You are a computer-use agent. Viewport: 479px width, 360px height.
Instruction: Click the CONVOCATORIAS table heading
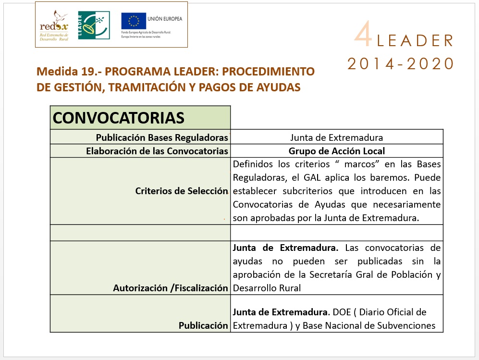(x=118, y=118)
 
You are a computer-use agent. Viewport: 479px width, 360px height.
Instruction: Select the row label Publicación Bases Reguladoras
(x=162, y=137)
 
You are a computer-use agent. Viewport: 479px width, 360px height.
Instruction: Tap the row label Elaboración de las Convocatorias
(x=157, y=151)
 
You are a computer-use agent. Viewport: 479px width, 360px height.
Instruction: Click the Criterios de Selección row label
(x=182, y=191)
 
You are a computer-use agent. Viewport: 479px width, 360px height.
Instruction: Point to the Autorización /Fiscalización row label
(x=171, y=288)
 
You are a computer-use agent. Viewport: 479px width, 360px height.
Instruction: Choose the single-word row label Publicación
(x=203, y=325)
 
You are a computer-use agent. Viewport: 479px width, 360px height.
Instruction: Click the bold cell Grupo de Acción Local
(x=336, y=151)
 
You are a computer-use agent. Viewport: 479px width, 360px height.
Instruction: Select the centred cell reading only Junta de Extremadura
(x=336, y=137)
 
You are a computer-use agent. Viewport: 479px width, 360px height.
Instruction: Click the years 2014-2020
(x=401, y=63)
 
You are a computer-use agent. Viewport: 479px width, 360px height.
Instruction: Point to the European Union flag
(x=134, y=21)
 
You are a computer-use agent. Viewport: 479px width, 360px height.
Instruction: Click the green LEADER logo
(x=94, y=25)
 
